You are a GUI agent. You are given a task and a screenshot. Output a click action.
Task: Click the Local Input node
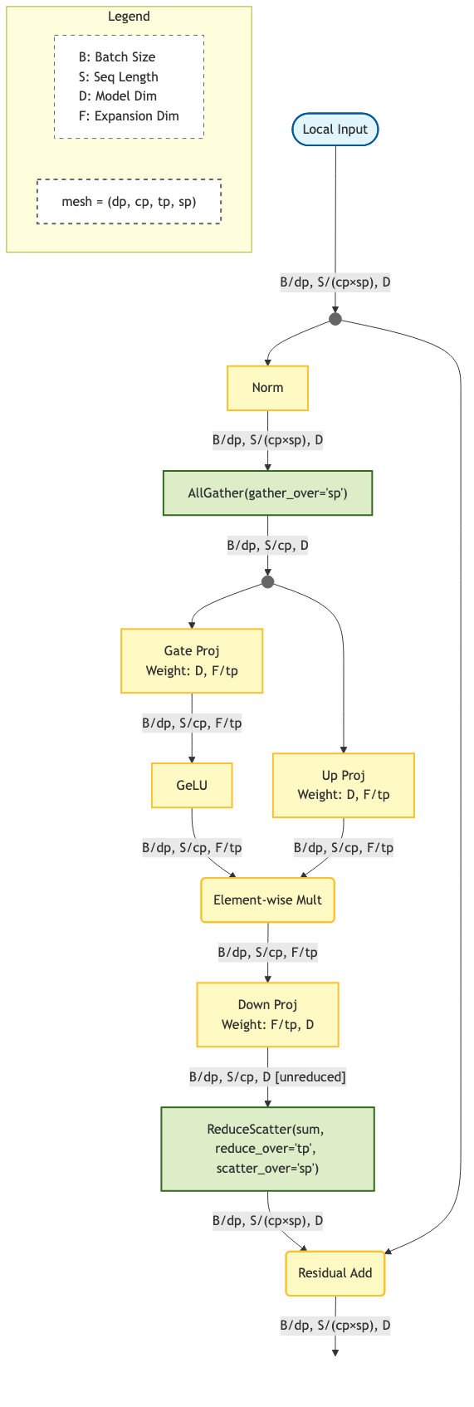point(335,130)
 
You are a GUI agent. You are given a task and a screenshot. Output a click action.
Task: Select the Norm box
point(267,388)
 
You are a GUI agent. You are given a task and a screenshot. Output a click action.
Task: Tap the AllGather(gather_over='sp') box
point(267,493)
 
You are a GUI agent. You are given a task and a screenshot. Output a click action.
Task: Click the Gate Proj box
point(192,661)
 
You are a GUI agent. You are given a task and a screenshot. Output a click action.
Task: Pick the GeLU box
point(192,785)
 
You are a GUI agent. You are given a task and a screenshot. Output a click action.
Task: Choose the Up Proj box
point(343,785)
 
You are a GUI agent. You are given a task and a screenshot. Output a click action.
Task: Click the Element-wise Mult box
point(267,900)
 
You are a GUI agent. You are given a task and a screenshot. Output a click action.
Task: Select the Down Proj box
point(267,1014)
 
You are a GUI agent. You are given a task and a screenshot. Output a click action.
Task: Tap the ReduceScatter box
point(267,1149)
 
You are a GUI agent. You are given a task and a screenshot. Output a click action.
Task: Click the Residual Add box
point(335,1272)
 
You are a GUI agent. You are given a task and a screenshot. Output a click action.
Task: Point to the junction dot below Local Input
point(335,319)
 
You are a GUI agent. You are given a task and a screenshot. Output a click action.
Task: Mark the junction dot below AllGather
point(267,582)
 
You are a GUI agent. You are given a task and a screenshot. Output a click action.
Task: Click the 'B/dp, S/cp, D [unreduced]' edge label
point(267,1077)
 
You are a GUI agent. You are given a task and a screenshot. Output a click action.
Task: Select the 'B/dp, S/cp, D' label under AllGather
point(267,546)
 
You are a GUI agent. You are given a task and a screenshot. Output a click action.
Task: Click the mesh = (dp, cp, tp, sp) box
point(129,201)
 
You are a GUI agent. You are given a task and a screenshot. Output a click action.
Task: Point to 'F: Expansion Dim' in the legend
point(129,116)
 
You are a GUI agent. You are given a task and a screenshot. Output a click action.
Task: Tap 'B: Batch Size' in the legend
point(117,57)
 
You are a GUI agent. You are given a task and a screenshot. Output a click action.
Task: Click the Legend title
point(129,17)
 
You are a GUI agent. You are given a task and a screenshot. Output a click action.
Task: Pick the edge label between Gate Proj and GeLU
point(192,723)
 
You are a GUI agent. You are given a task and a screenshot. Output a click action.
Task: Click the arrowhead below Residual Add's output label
point(335,1352)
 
